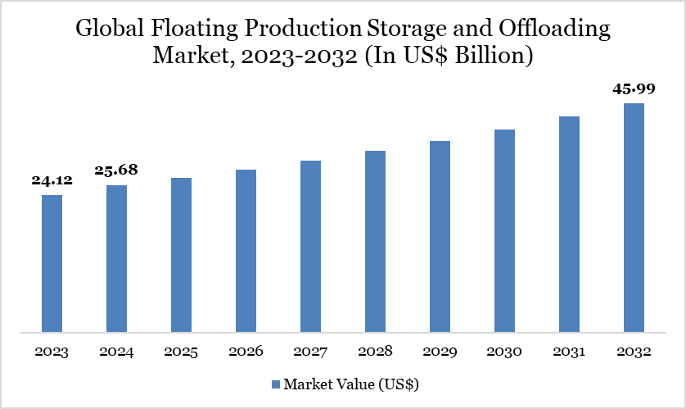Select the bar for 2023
(x=52, y=264)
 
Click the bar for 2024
(x=117, y=259)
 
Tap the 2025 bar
(x=182, y=256)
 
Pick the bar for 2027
(x=310, y=247)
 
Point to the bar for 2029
(x=440, y=237)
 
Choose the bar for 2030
(x=504, y=231)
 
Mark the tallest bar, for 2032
(x=634, y=218)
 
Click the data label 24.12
(x=52, y=180)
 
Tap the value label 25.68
(x=117, y=170)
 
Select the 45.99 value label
(x=634, y=89)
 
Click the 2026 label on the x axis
(x=246, y=352)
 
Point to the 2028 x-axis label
(x=375, y=352)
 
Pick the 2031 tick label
(x=569, y=352)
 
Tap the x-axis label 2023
(x=52, y=352)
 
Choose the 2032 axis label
(x=634, y=352)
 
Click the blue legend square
(x=275, y=384)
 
